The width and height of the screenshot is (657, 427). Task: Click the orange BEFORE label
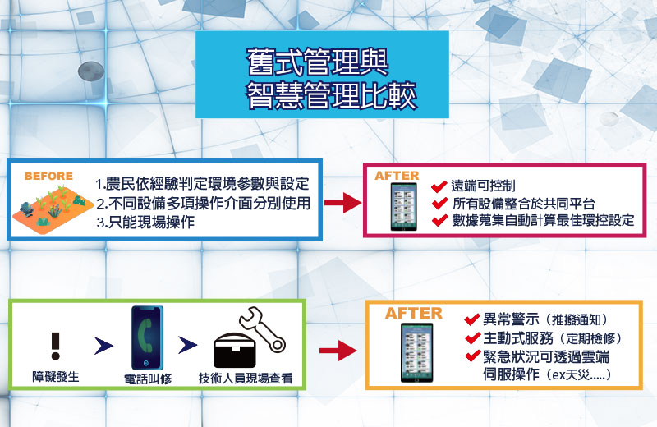click(48, 176)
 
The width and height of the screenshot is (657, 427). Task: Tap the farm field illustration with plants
click(52, 209)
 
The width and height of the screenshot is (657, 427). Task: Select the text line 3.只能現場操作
click(145, 222)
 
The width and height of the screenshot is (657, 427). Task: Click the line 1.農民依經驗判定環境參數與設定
click(202, 184)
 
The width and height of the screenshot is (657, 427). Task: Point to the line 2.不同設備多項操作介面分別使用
click(203, 203)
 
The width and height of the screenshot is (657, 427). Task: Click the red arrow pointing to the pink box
click(342, 203)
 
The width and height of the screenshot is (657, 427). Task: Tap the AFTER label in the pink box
click(397, 176)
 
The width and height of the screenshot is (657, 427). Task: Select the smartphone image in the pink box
click(404, 207)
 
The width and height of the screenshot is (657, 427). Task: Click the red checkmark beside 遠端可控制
click(439, 186)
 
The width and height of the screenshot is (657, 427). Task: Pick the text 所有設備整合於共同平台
click(524, 204)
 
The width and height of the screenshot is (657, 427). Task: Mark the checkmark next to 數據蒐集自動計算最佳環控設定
click(439, 220)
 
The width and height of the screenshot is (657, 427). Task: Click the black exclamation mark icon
click(56, 347)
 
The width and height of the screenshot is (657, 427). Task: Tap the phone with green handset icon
click(148, 337)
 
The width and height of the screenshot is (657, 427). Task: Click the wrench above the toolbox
click(262, 328)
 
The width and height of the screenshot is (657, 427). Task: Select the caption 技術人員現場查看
click(246, 379)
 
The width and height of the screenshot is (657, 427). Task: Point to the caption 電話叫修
click(148, 379)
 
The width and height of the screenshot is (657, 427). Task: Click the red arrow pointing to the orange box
click(338, 351)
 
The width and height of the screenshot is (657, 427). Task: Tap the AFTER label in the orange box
click(414, 314)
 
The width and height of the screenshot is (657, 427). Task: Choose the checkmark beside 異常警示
click(472, 319)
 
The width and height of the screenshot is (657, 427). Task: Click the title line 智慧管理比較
click(331, 96)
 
